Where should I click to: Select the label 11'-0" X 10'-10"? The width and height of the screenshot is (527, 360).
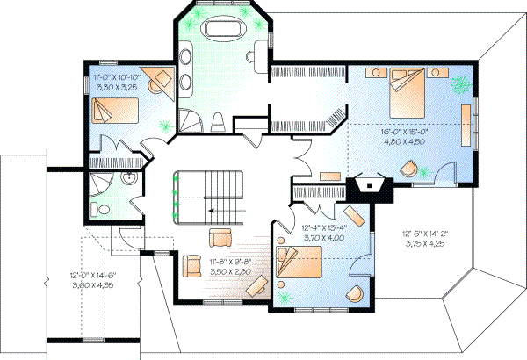click(x=117, y=78)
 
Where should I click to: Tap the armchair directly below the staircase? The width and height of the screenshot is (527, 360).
click(x=220, y=237)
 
